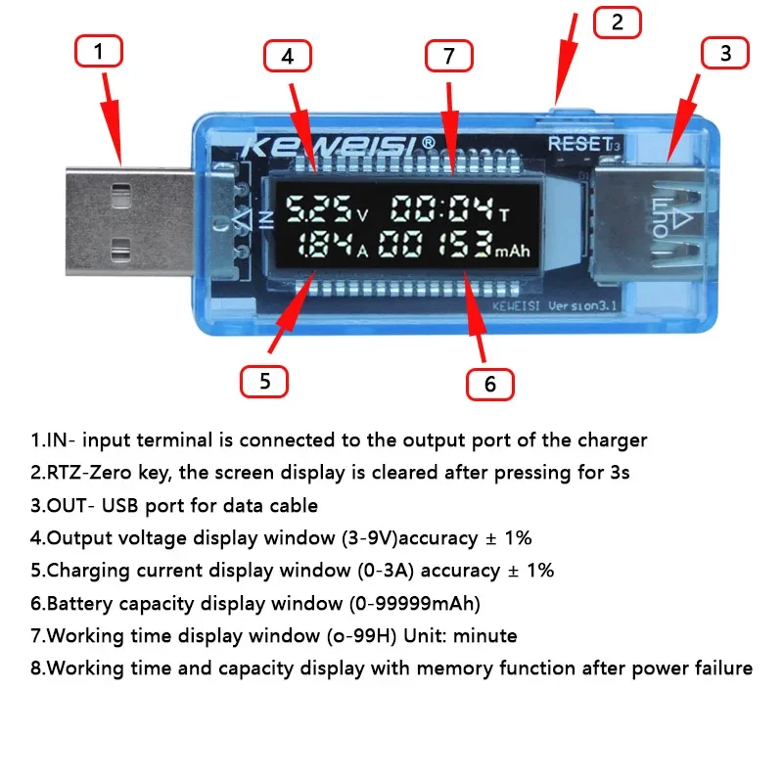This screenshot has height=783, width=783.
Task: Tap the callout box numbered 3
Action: (725, 54)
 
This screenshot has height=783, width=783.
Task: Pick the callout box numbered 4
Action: (287, 58)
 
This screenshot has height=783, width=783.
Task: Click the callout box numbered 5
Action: (264, 381)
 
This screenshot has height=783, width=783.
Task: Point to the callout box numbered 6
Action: (490, 384)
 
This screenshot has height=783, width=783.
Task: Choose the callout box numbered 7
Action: (449, 57)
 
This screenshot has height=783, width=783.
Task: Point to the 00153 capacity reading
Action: (435, 246)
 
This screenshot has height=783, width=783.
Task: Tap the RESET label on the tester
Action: (579, 144)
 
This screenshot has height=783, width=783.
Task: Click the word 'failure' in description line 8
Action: (719, 668)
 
